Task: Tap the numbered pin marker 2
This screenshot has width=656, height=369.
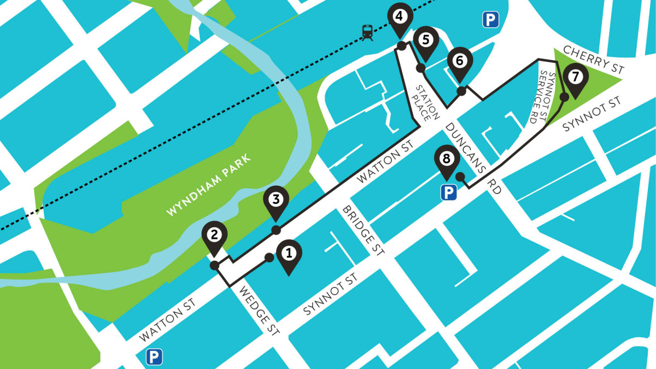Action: tap(214, 236)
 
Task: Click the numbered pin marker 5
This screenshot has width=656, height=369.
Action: tap(426, 41)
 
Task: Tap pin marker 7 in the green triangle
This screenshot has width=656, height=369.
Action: tap(575, 77)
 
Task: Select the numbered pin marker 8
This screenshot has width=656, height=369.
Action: tap(447, 160)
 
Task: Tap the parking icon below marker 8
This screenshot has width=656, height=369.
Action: tap(449, 192)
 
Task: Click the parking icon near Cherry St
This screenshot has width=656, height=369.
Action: tap(490, 21)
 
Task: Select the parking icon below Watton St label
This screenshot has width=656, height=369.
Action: tap(154, 357)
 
